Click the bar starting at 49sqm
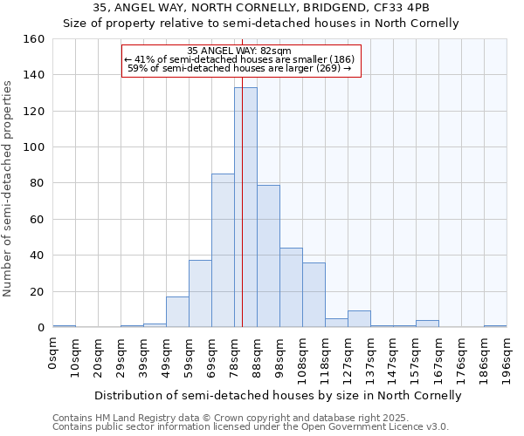177,312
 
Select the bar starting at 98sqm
291,288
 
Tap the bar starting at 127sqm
359,319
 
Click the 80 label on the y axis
38,183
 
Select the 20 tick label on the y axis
38,291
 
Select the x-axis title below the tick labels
278,395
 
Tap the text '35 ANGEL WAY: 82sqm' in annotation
239,51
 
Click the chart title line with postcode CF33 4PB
261,8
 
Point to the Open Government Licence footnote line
251,426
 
